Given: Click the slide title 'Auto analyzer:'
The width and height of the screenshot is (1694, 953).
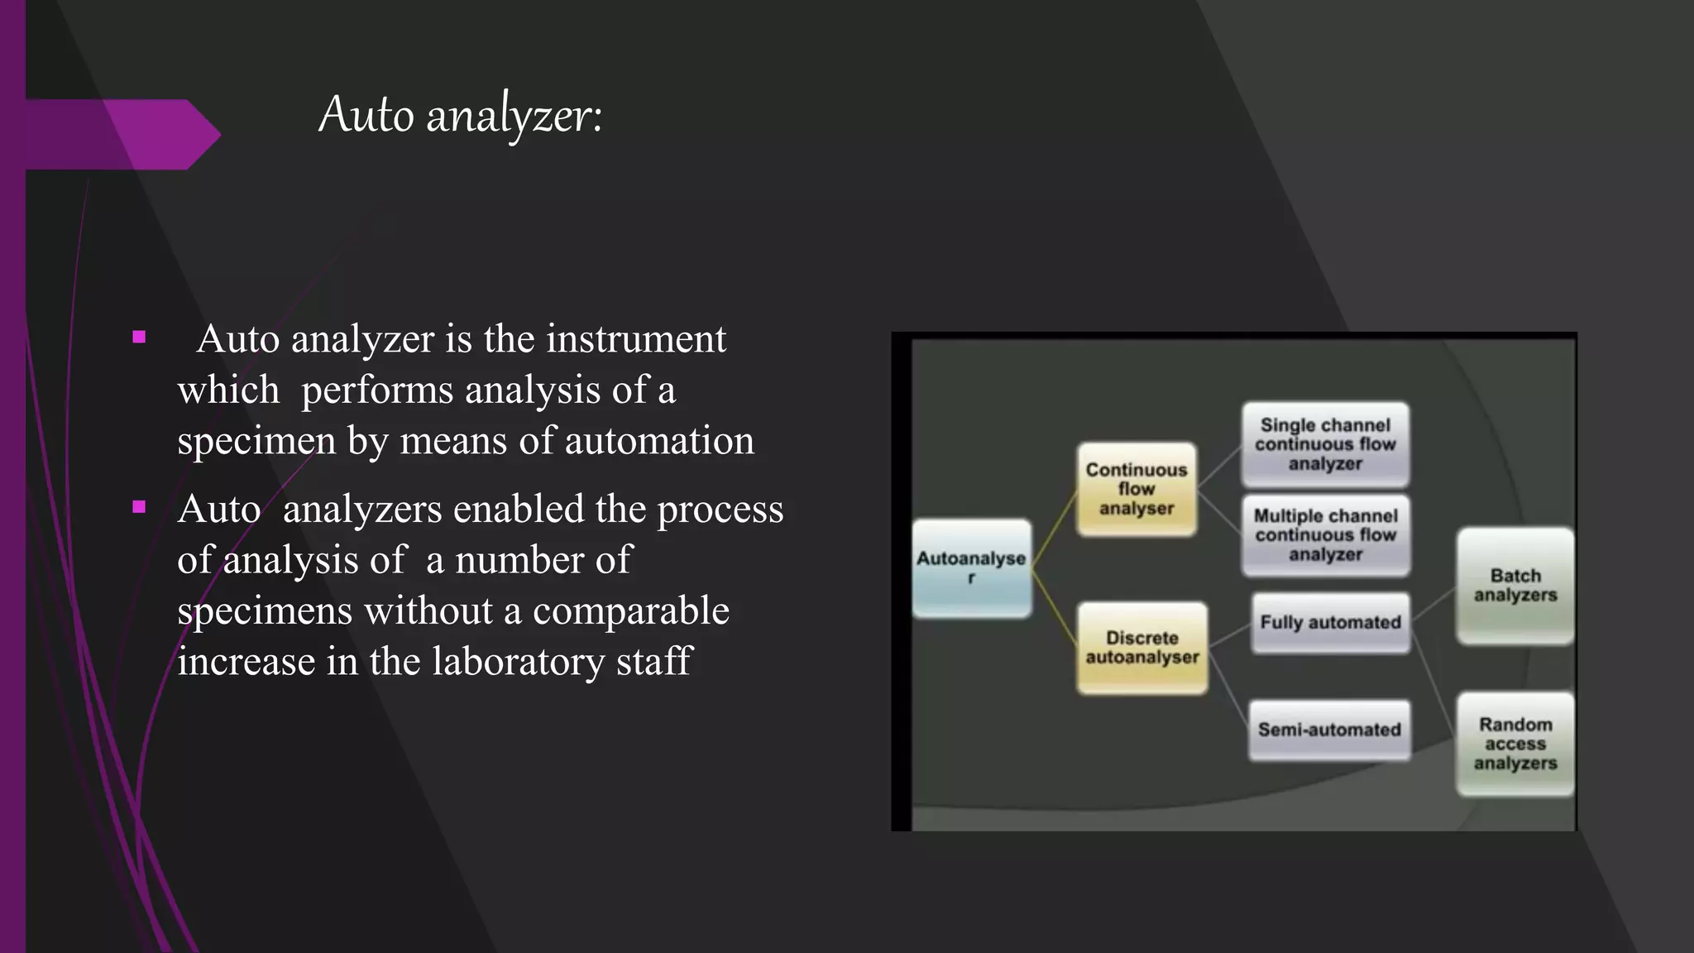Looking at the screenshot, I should (x=461, y=115).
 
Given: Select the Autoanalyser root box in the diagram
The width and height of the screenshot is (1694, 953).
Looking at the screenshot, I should (x=971, y=567).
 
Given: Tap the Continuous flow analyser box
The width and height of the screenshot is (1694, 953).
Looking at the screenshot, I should (x=1136, y=489).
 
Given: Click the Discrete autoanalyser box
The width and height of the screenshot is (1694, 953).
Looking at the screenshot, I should (x=1141, y=648).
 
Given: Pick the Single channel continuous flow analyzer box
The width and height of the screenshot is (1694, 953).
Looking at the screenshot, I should (x=1325, y=444).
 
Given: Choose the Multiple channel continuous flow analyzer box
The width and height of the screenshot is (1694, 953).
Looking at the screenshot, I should (x=1325, y=535).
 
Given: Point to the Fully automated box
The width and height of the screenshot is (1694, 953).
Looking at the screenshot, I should (x=1330, y=622).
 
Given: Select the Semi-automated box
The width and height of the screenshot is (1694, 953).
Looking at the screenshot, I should (x=1329, y=730).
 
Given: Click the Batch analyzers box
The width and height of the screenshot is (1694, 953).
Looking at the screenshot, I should (x=1515, y=585).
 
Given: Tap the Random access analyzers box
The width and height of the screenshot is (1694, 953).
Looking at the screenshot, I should (x=1515, y=744).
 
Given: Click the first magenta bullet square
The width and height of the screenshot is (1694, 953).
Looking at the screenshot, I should (x=139, y=338).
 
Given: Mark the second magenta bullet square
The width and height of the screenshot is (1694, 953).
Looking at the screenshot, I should (x=139, y=507).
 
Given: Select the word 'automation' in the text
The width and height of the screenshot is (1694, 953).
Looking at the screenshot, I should (x=659, y=441).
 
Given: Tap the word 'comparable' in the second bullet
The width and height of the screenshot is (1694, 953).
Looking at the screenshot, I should (x=630, y=611).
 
